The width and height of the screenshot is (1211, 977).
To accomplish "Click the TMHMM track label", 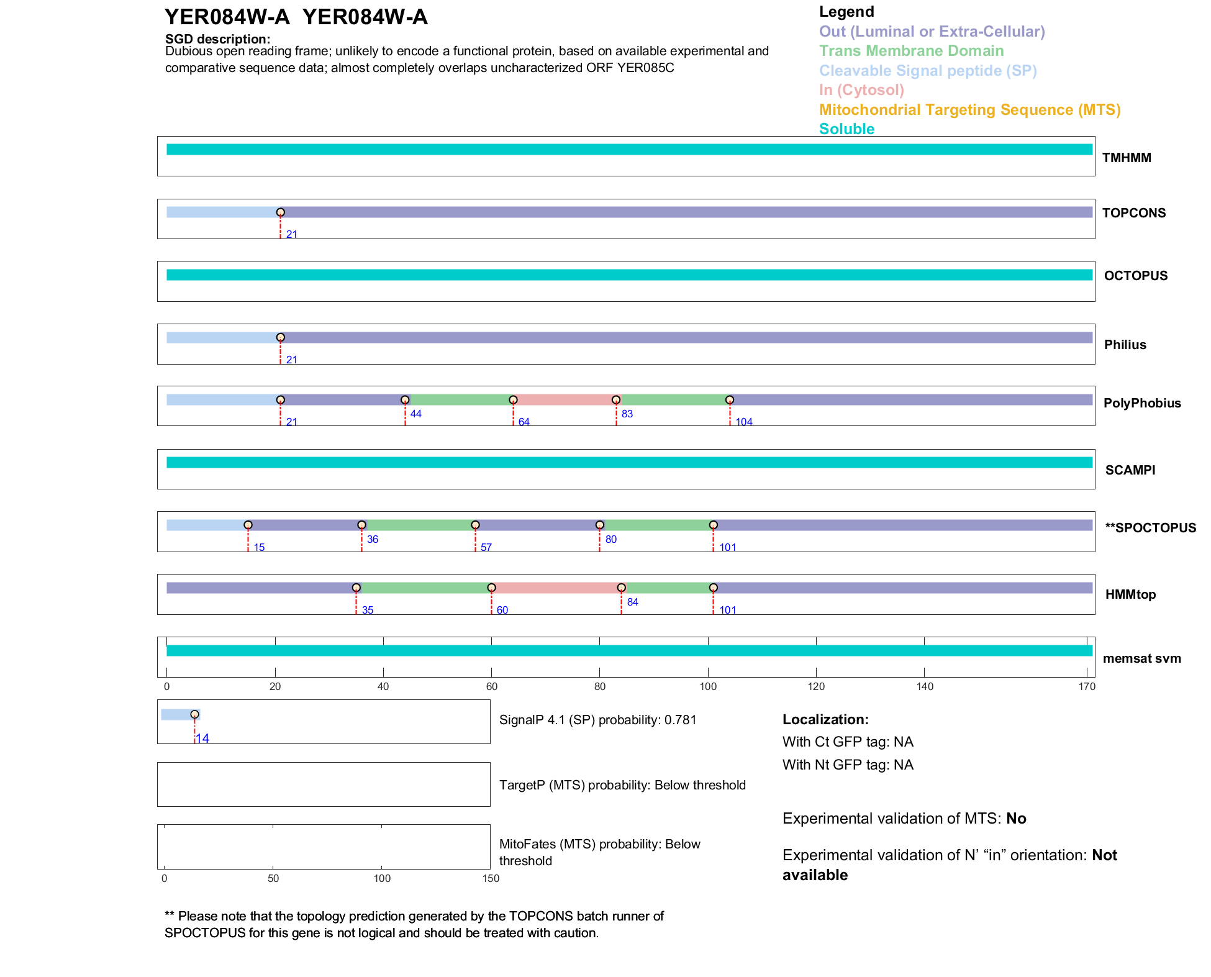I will [1126, 158].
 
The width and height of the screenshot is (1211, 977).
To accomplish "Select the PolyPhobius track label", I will [1141, 403].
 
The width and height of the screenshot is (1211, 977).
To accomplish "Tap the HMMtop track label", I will [1130, 594].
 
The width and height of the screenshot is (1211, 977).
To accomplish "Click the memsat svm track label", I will [1141, 658].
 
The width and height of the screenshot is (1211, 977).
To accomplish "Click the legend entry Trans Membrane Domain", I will [911, 51].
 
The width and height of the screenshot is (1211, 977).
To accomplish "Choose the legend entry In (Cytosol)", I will [861, 90].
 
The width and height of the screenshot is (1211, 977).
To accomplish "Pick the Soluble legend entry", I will [846, 129].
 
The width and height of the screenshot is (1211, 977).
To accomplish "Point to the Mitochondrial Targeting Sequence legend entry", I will [969, 110].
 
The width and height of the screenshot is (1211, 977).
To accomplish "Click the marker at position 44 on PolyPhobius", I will [405, 400].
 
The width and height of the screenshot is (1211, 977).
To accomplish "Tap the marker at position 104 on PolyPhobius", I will [730, 400].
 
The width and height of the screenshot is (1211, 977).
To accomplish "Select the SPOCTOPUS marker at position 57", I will [475, 525].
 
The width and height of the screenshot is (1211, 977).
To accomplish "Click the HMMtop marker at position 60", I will [491, 588].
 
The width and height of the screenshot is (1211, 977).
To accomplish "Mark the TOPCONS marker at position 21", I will [281, 212].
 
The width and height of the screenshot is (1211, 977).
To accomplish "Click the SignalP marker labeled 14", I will [194, 714].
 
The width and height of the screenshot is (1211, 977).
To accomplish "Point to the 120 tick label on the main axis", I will [816, 686].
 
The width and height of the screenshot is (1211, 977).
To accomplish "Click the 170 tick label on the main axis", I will [1087, 686].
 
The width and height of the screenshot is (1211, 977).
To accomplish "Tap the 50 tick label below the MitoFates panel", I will [273, 878].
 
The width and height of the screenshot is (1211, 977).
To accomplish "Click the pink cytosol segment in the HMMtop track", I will [556, 588].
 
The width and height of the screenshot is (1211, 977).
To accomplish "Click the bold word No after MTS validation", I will [1016, 819].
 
